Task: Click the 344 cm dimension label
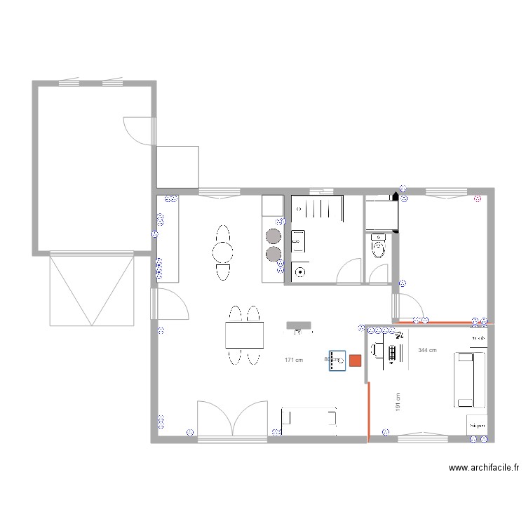pyautogui.click(x=427, y=350)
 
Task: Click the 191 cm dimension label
pyautogui.click(x=398, y=402)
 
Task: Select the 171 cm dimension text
pyautogui.click(x=293, y=360)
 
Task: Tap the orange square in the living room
pyautogui.click(x=355, y=360)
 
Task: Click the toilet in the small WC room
pyautogui.click(x=379, y=246)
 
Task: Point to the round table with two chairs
pyautogui.click(x=223, y=252)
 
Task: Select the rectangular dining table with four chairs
pyautogui.click(x=244, y=335)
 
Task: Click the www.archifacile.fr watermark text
pyautogui.click(x=484, y=468)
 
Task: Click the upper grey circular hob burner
pyautogui.click(x=272, y=236)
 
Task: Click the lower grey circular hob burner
pyautogui.click(x=272, y=253)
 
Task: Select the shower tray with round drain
pyautogui.click(x=301, y=270)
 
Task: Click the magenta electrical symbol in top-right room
pyautogui.click(x=478, y=198)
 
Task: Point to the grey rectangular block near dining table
pyautogui.click(x=299, y=325)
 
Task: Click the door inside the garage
pyautogui.click(x=138, y=130)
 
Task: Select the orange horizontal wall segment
pyautogui.click(x=449, y=323)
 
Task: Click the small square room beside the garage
pyautogui.click(x=177, y=166)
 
